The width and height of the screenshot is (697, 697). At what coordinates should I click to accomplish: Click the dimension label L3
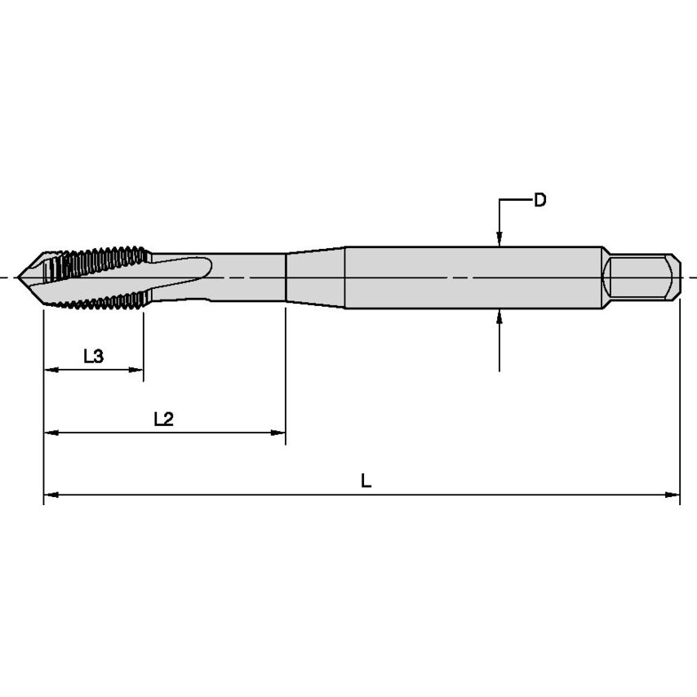click(x=93, y=356)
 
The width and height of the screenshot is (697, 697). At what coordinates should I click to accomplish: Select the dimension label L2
click(x=164, y=419)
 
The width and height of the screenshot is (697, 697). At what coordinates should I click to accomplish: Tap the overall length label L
click(x=366, y=482)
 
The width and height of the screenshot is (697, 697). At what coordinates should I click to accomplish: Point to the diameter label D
click(x=539, y=200)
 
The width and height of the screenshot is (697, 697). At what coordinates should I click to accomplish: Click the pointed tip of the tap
click(x=22, y=277)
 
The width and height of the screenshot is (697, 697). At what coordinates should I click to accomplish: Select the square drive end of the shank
click(x=641, y=277)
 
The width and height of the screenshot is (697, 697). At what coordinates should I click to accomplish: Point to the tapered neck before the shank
click(x=315, y=277)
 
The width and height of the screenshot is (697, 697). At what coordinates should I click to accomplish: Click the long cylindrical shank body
click(x=473, y=277)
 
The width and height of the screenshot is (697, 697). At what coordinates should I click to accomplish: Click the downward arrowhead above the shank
click(x=499, y=239)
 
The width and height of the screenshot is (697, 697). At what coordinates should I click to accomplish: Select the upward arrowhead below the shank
click(x=499, y=316)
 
